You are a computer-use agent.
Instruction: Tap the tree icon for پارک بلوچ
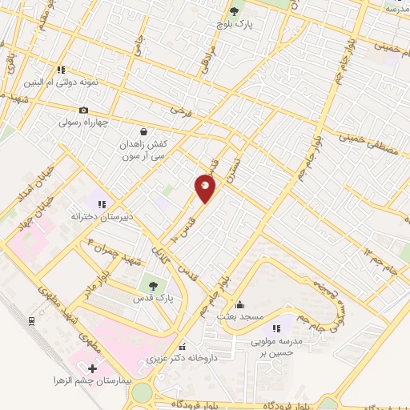(234, 11)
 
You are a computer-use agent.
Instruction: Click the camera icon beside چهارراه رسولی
(83, 110)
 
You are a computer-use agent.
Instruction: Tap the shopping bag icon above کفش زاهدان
(143, 131)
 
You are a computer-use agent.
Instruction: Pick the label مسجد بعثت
(245, 317)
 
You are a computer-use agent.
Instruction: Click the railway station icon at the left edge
(32, 321)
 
